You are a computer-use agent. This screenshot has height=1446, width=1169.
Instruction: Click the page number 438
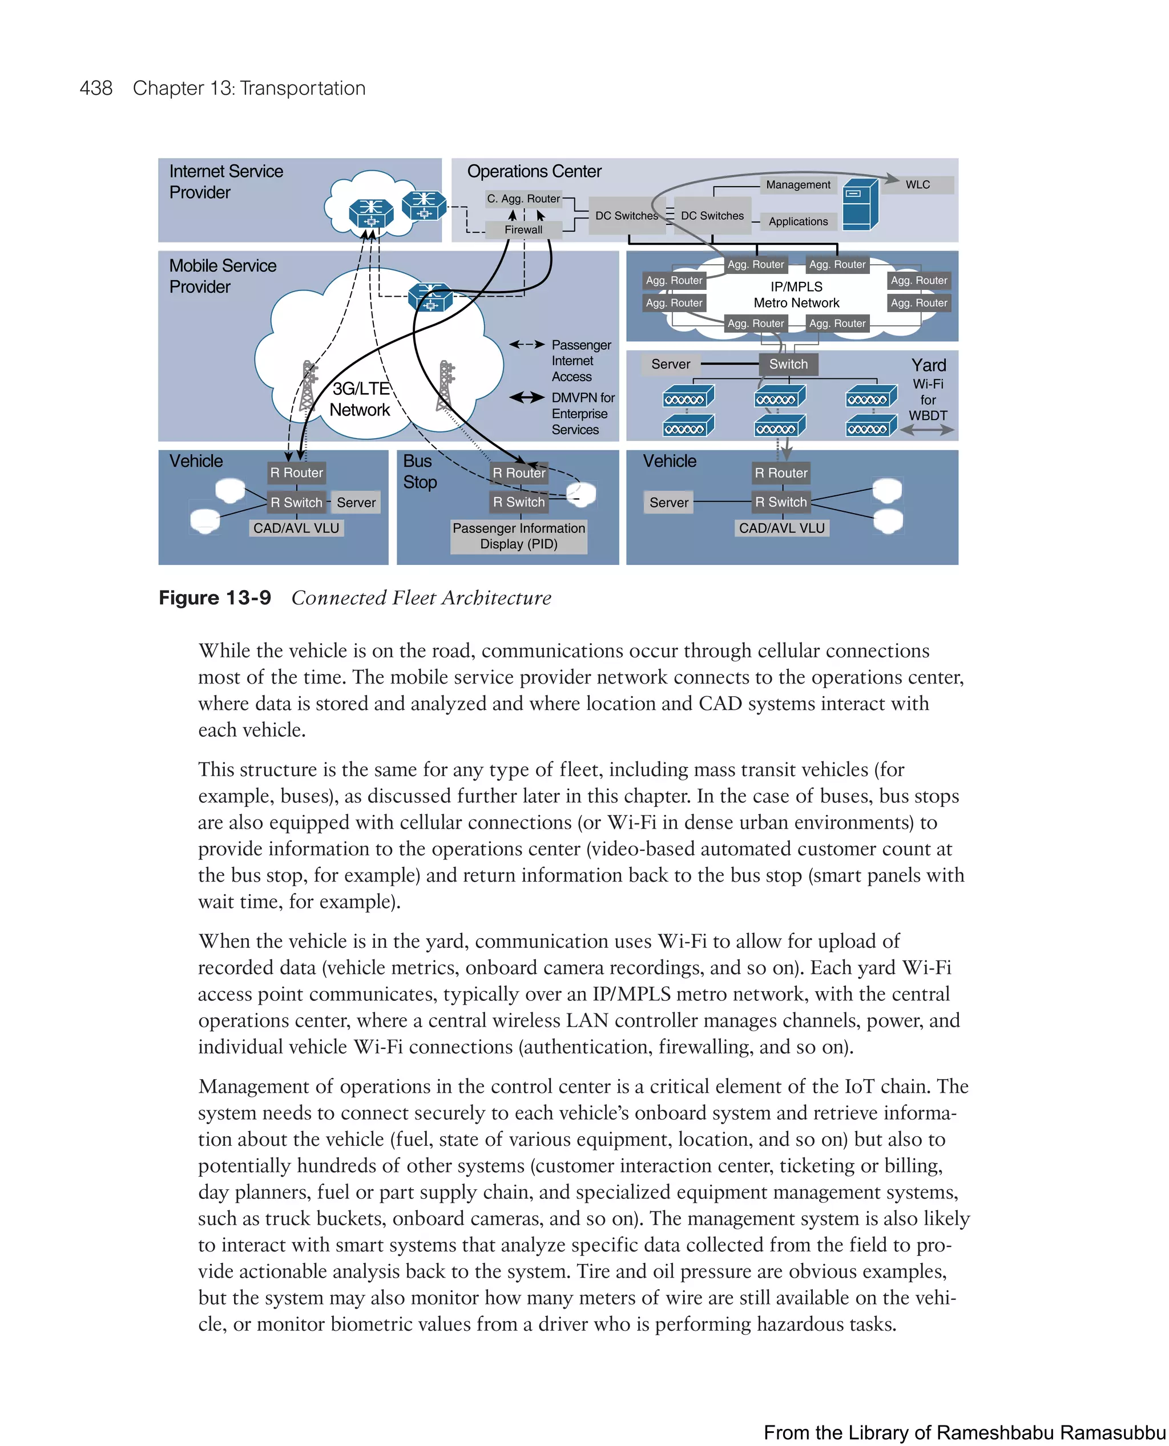(x=96, y=88)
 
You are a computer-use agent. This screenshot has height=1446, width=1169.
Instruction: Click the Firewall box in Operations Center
(x=523, y=229)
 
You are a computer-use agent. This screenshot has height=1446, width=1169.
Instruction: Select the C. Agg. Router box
(x=523, y=199)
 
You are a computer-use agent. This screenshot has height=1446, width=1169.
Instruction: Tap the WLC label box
(x=917, y=184)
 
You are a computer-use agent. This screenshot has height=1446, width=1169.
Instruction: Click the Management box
(x=798, y=184)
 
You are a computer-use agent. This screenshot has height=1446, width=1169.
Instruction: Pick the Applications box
(x=798, y=221)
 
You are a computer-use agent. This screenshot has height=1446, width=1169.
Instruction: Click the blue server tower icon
(x=860, y=205)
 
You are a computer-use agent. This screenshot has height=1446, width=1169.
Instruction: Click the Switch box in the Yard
(x=788, y=364)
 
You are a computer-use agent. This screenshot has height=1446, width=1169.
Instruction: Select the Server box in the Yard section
(x=670, y=364)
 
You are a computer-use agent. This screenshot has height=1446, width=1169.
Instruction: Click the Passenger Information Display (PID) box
(x=518, y=536)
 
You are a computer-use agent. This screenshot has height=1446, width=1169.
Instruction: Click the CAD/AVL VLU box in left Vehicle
(x=296, y=528)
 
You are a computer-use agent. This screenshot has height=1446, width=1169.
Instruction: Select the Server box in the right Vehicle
(x=668, y=502)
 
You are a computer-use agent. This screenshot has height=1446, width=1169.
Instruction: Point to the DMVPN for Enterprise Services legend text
(x=582, y=413)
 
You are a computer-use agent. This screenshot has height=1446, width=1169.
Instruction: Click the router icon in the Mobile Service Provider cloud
(x=430, y=297)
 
